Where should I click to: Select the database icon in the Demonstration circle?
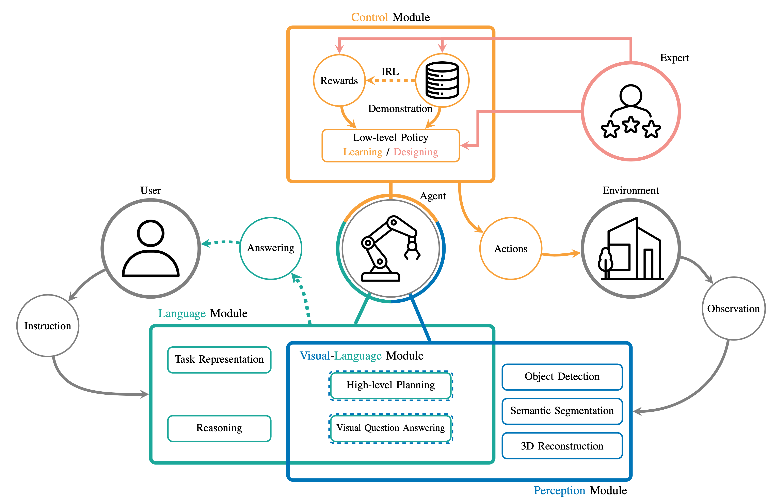pos(442,80)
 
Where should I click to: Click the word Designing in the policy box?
pos(416,152)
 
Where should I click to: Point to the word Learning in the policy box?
pos(363,152)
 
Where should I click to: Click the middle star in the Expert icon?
pos(630,124)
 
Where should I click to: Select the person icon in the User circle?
pos(150,248)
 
